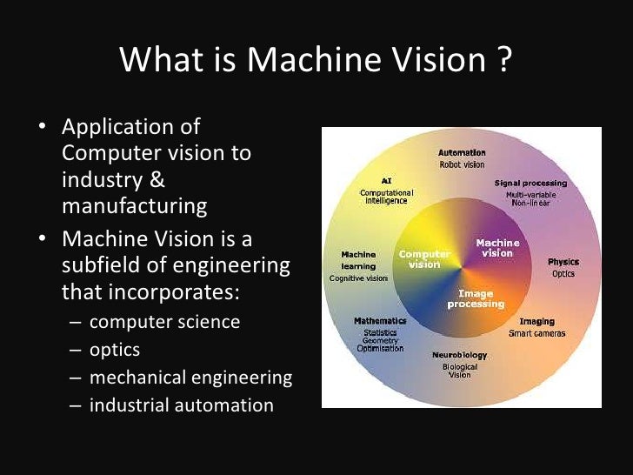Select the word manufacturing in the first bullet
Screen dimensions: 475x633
tap(134, 206)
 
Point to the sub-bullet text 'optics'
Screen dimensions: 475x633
tap(114, 350)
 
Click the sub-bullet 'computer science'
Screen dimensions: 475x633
tap(164, 322)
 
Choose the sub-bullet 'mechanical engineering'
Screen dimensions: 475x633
tap(190, 378)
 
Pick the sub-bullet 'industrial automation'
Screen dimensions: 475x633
tap(181, 405)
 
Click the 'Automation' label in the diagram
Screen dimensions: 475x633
tap(462, 153)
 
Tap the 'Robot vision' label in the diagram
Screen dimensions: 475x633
tap(462, 164)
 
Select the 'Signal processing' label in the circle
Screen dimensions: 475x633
tap(530, 184)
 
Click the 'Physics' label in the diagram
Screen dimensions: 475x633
tap(563, 262)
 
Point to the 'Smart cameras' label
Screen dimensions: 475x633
tap(536, 333)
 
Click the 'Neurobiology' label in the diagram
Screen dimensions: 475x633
tap(460, 356)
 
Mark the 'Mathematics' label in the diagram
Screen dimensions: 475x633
tap(380, 321)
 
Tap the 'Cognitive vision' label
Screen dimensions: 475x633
tap(357, 278)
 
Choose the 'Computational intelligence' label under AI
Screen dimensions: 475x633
tap(389, 196)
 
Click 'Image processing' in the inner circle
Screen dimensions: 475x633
tap(476, 299)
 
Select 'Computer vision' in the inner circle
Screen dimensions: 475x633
tap(424, 258)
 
